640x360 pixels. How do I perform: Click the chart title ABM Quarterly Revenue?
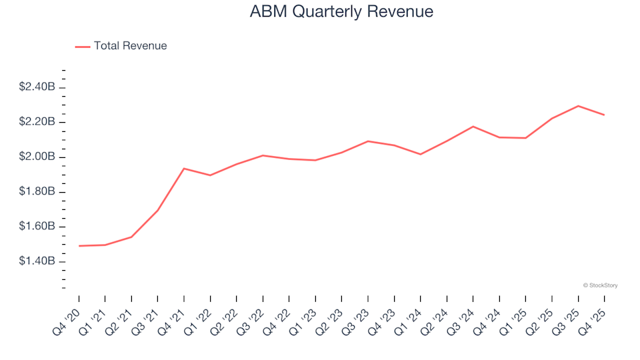pyautogui.click(x=341, y=12)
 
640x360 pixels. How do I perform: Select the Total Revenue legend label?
pyautogui.click(x=130, y=46)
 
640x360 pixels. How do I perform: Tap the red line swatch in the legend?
pyautogui.click(x=83, y=47)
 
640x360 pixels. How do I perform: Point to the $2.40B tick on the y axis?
pyautogui.click(x=61, y=87)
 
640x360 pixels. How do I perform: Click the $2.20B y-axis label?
pyautogui.click(x=37, y=122)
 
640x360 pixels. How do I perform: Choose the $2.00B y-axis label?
pyautogui.click(x=37, y=157)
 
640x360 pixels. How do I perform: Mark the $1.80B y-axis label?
pyautogui.click(x=37, y=192)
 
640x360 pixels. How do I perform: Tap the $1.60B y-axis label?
pyautogui.click(x=37, y=227)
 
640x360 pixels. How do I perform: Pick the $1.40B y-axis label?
pyautogui.click(x=37, y=261)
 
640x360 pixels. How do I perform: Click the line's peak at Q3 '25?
pyautogui.click(x=578, y=106)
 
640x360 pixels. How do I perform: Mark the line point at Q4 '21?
pyautogui.click(x=184, y=169)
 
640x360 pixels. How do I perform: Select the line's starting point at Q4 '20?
pyautogui.click(x=79, y=246)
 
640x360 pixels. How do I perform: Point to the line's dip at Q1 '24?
pyautogui.click(x=421, y=154)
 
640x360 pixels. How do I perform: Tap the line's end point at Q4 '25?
pyautogui.click(x=604, y=115)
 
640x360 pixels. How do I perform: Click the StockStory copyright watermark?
pyautogui.click(x=600, y=285)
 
